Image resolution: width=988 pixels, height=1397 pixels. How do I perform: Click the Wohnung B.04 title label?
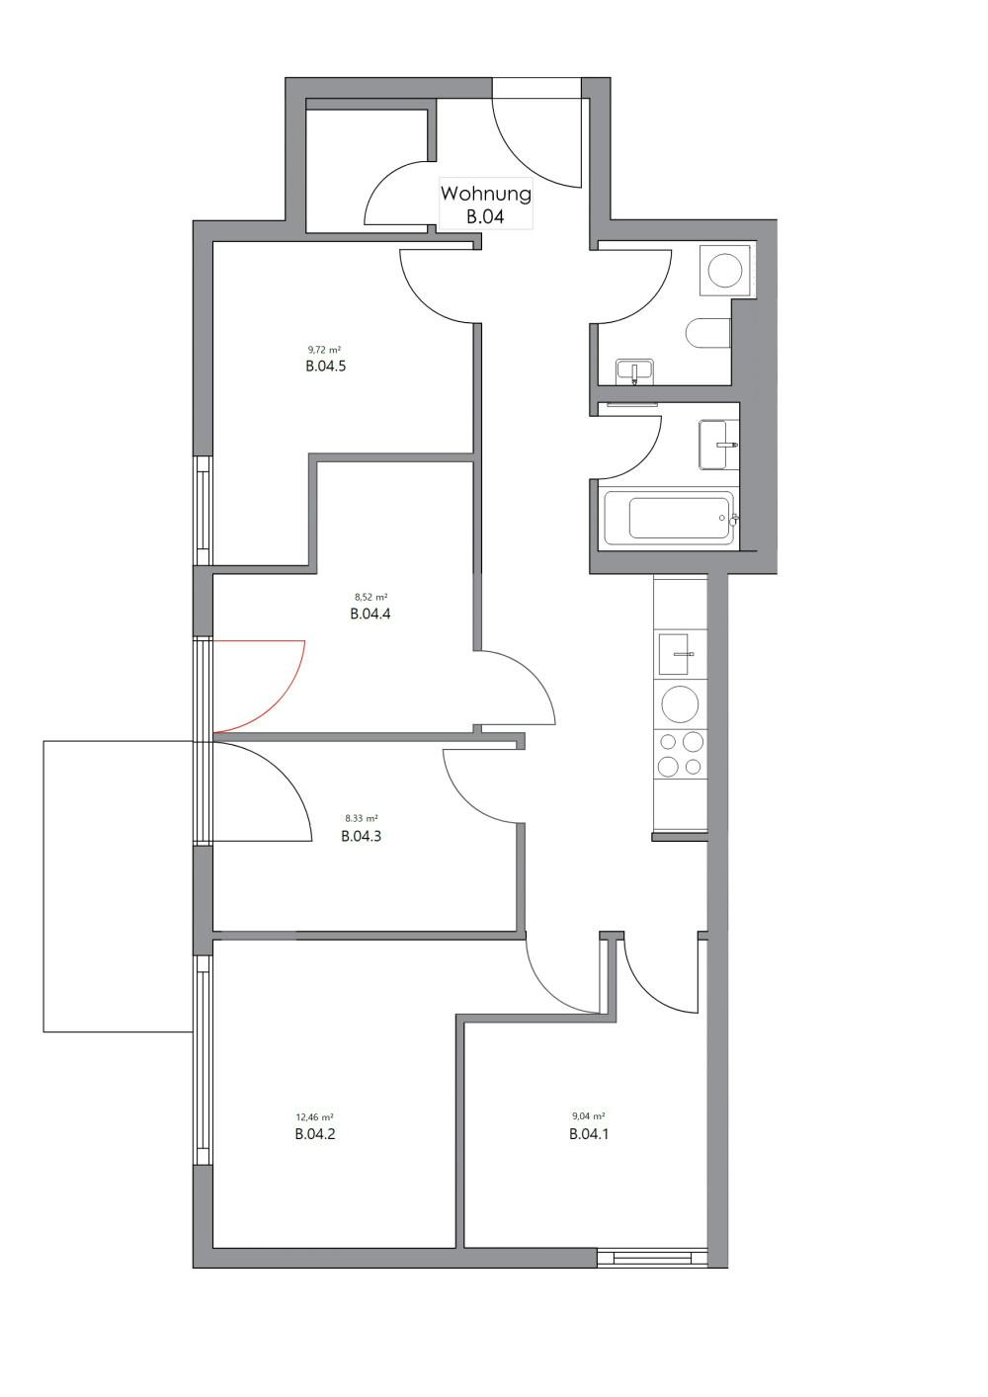(x=485, y=205)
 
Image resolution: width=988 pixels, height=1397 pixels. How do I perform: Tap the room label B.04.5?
(x=325, y=366)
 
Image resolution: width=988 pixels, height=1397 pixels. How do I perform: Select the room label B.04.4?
(x=370, y=614)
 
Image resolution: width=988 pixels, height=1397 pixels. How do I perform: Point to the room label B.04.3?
(x=361, y=836)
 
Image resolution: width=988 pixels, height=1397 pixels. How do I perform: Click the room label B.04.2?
(x=315, y=1134)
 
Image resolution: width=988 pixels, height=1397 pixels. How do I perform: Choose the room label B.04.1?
(x=589, y=1134)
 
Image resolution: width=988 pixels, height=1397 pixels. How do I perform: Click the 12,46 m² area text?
(x=314, y=1117)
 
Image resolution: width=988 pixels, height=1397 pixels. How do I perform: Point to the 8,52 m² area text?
(x=370, y=597)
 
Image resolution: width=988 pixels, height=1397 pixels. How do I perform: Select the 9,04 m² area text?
(x=588, y=1117)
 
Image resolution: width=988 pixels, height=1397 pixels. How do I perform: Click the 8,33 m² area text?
(x=361, y=819)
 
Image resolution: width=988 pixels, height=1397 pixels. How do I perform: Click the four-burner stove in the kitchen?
(x=681, y=754)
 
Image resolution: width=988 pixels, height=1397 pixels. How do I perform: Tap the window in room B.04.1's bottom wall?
(x=653, y=1259)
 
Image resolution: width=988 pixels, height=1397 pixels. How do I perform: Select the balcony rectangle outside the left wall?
(x=117, y=886)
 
